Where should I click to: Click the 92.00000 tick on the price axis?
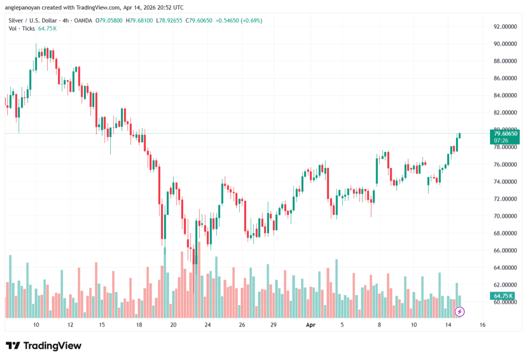pos(505,26)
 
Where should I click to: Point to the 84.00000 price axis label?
pos(505,95)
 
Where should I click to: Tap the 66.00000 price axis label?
pos(505,250)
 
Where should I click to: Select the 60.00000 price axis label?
pos(505,302)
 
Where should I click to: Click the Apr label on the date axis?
pos(310,325)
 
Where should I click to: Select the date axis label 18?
pos(139,325)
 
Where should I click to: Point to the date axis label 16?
pos(482,325)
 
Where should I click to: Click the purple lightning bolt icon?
pos(460,312)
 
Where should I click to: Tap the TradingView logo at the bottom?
pos(44,346)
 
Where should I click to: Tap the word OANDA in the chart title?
pos(81,21)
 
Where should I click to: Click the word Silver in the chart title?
pos(16,21)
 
